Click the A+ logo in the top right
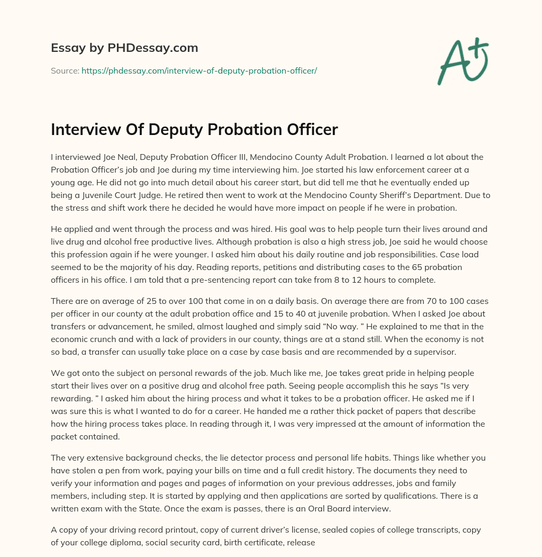[462, 62]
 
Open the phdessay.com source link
[199, 70]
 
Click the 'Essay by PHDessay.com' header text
[124, 48]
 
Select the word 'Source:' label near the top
[65, 70]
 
